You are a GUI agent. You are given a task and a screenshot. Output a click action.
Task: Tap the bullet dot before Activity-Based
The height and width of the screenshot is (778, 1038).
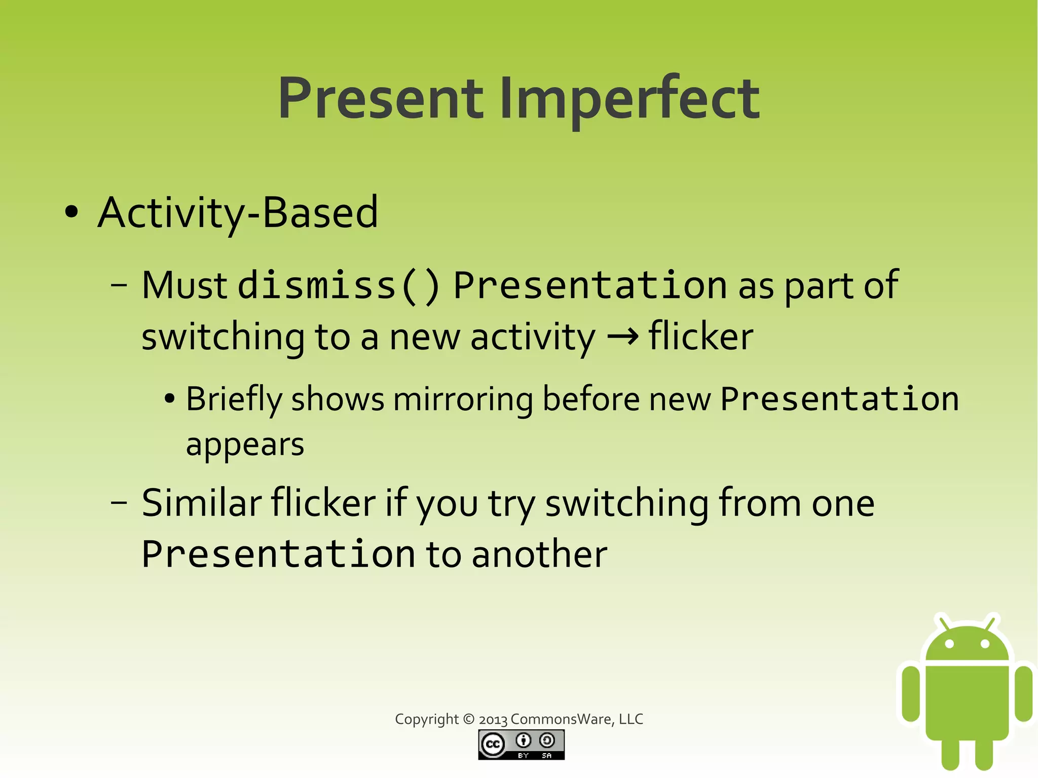tap(71, 212)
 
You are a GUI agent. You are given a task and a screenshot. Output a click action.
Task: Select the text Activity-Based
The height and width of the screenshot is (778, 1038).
tap(238, 212)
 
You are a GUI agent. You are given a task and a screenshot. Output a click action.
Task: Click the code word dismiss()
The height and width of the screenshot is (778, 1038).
tap(339, 285)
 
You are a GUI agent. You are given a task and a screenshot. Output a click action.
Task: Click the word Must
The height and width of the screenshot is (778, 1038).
tap(184, 285)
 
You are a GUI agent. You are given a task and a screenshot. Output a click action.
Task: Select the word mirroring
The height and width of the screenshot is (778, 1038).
tap(463, 399)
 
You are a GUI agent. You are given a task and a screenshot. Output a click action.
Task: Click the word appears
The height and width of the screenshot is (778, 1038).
tap(245, 444)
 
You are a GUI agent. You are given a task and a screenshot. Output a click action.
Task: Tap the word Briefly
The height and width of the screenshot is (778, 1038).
tap(234, 399)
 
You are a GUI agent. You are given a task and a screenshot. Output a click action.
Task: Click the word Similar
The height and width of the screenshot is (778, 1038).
tap(201, 503)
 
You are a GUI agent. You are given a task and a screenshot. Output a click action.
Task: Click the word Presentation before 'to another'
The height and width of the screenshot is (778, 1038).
tap(278, 554)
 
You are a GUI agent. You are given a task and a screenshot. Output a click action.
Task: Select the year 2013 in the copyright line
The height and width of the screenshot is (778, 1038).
tap(493, 720)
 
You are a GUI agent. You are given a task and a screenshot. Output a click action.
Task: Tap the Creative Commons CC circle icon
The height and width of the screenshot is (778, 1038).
tap(493, 744)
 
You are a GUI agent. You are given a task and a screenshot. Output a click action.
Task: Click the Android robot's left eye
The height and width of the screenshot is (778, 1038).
tap(949, 644)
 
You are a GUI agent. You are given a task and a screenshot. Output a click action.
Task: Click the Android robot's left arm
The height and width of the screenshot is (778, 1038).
tap(910, 693)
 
